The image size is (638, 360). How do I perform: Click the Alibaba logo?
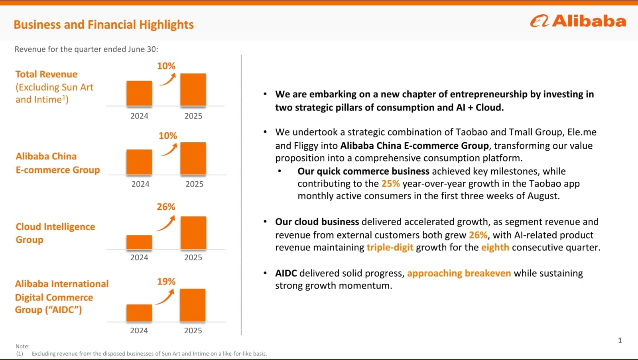578,21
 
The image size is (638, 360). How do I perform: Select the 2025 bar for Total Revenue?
193,90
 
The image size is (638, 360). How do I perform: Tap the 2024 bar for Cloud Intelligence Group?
139,242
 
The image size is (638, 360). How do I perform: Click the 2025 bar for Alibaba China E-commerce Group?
193,159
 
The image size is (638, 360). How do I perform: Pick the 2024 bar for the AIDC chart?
139,313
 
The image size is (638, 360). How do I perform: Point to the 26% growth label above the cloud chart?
166,207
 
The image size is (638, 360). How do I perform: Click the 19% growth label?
166,282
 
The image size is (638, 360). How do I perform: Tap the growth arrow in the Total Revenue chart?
167,80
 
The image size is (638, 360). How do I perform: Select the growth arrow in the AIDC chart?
165,297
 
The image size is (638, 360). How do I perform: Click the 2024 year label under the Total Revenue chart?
139,116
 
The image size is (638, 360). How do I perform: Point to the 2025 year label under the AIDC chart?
193,330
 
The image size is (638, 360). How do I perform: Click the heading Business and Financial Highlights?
104,25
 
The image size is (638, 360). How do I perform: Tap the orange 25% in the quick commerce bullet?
390,184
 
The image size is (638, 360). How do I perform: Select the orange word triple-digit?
390,248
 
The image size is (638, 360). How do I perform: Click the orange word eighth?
495,248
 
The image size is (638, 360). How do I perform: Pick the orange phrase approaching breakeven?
459,273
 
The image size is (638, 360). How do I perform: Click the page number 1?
620,340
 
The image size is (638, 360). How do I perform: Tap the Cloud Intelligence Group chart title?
55,233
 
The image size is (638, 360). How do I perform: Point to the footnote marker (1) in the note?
20,354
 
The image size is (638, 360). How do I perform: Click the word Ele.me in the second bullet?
582,132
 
